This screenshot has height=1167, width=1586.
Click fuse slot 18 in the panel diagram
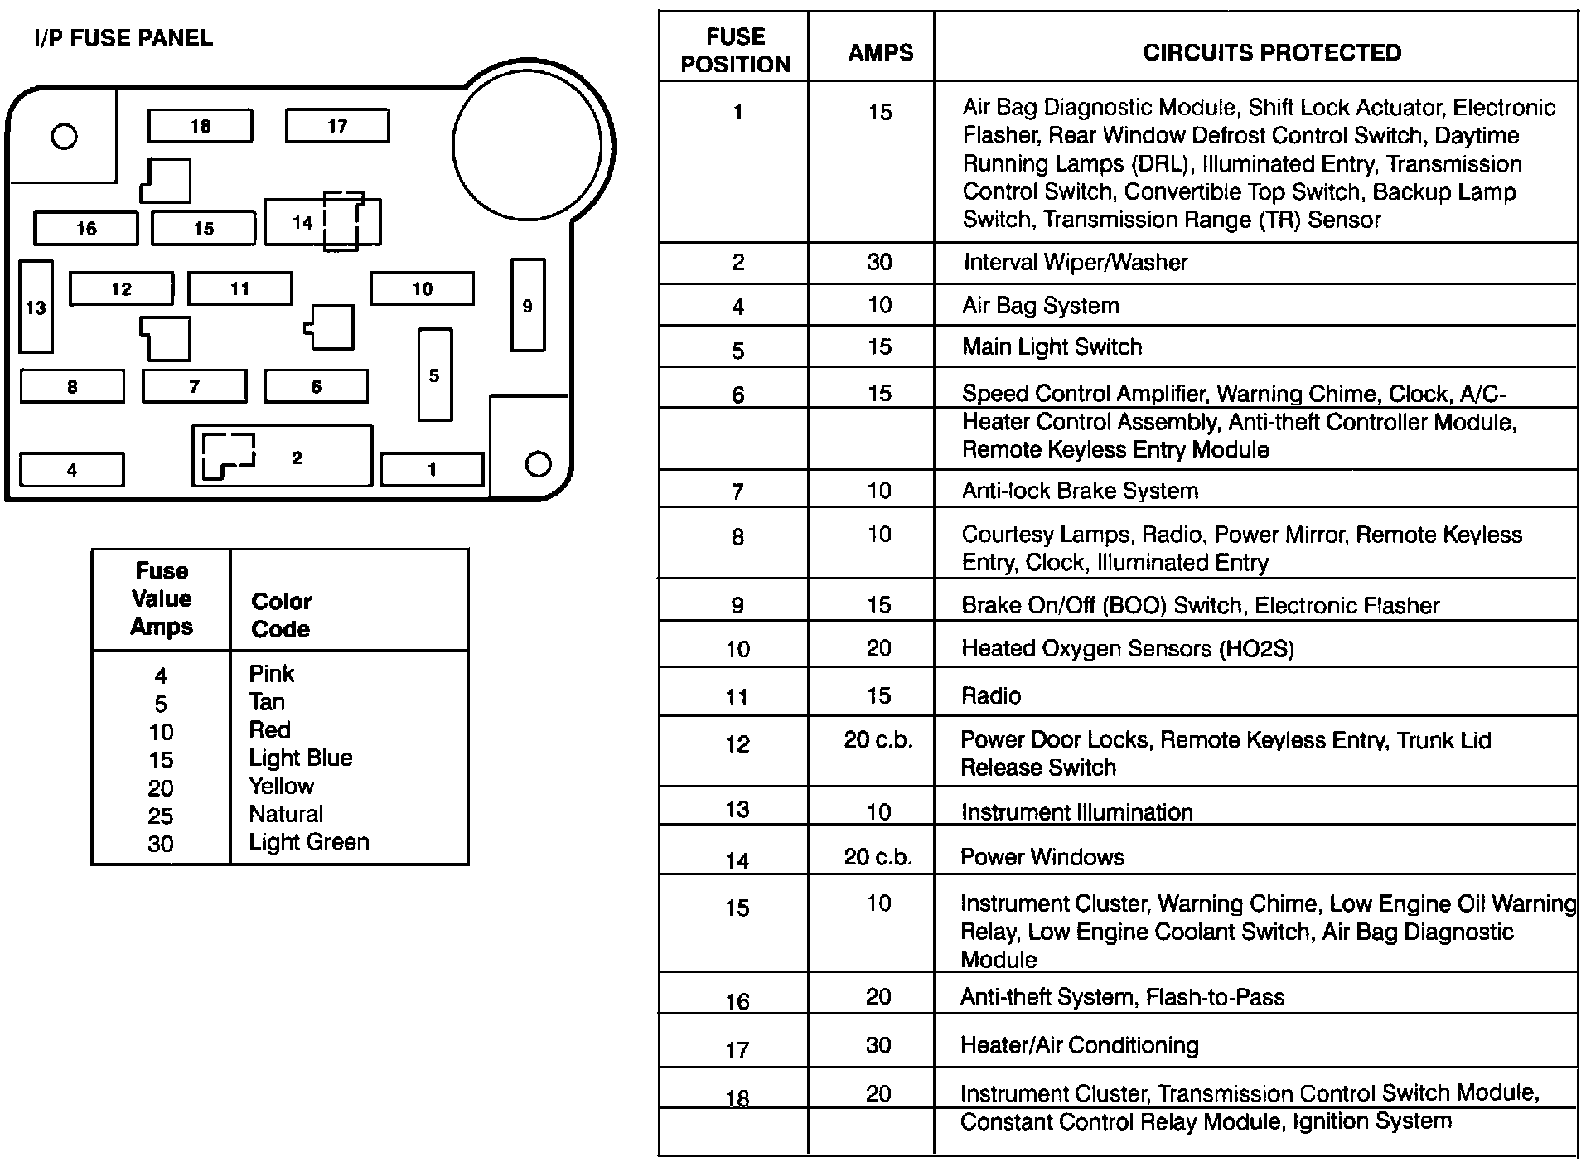(200, 126)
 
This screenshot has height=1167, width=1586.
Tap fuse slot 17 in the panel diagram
(337, 126)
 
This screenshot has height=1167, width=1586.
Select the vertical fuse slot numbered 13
(36, 307)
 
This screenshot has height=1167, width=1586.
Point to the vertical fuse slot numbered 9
(528, 305)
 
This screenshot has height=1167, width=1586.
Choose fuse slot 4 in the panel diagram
(71, 470)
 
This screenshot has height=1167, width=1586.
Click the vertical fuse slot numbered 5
(435, 375)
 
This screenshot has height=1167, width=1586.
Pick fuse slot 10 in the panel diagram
(422, 288)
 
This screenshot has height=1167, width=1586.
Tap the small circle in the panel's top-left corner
(64, 136)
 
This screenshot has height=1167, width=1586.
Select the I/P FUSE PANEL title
(123, 38)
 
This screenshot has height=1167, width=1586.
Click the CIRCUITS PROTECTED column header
(1272, 52)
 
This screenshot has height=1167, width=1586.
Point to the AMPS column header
(880, 52)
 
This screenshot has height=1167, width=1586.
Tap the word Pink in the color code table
(272, 674)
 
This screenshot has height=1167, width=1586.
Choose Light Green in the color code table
(308, 842)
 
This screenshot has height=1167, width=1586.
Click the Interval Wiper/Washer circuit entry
(1075, 263)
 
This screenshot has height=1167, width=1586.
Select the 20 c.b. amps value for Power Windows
(878, 857)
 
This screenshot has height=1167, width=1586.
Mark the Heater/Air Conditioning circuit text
(1079, 1045)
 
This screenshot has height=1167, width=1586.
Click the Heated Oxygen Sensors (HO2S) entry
(1127, 648)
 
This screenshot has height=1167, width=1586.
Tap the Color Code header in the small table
(281, 615)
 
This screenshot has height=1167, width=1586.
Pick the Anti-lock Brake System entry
(1080, 491)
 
